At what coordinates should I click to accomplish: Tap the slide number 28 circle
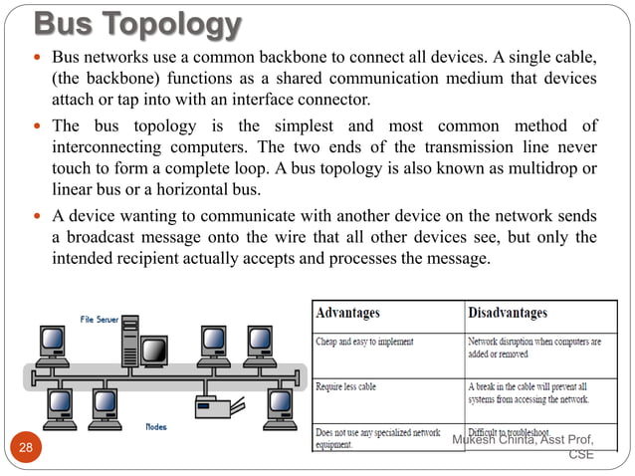[26, 447]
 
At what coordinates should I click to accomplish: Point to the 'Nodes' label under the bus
[155, 425]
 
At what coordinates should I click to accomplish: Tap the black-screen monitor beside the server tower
[155, 351]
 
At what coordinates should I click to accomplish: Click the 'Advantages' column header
[347, 314]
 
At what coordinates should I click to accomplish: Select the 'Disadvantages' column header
[507, 314]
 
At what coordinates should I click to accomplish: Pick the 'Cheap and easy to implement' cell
[364, 342]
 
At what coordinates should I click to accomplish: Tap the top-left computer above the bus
[49, 344]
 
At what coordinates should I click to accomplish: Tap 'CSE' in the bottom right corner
[581, 455]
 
